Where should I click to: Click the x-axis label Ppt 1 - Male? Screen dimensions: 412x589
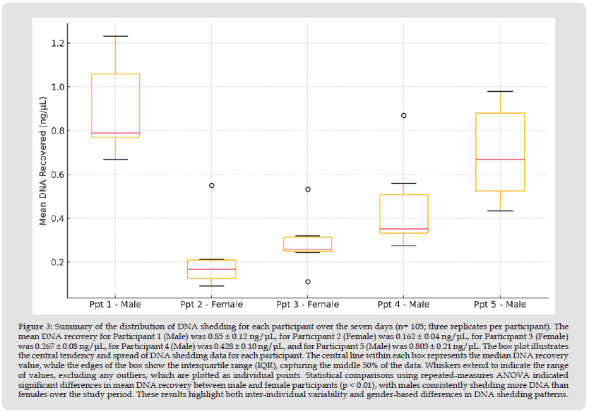pos(115,305)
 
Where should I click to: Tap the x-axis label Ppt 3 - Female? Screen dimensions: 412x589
pos(307,305)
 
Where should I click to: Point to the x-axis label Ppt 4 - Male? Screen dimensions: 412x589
pos(403,305)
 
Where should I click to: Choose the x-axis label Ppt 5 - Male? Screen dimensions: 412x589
pos(500,305)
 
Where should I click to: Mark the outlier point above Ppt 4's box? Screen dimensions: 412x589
pos(404,115)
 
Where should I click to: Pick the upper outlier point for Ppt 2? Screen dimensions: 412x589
pos(211,185)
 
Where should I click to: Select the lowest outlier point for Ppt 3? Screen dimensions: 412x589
pos(307,282)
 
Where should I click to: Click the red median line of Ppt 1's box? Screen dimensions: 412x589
pos(115,133)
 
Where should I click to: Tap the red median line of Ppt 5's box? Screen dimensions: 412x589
pos(500,160)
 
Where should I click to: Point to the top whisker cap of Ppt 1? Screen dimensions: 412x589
pos(115,36)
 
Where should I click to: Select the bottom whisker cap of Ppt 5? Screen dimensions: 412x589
pos(500,211)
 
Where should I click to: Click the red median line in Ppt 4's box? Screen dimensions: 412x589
pos(404,229)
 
